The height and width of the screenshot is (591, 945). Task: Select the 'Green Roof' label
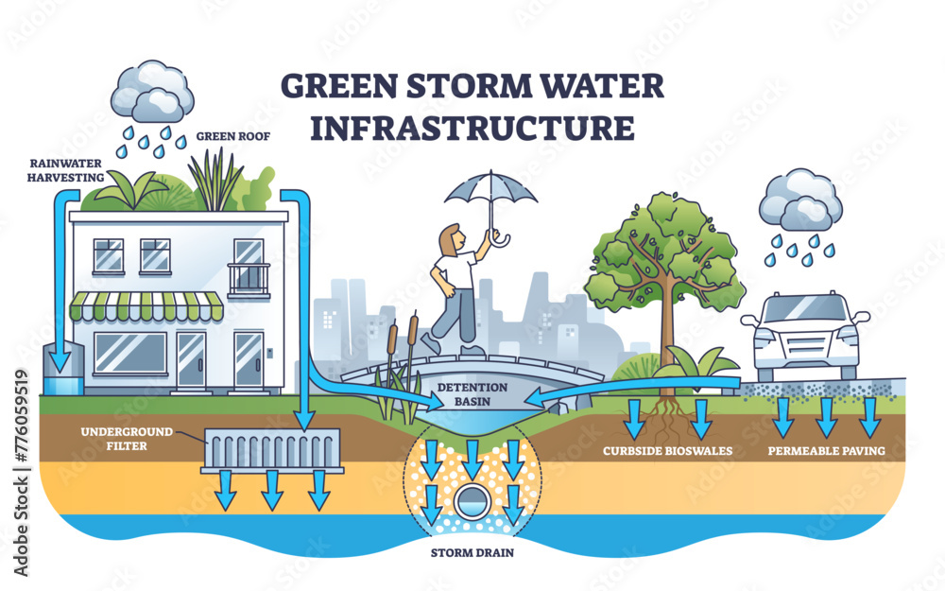(x=233, y=136)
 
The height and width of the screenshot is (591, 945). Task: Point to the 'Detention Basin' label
(x=472, y=395)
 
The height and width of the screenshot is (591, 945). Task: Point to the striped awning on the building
(x=147, y=305)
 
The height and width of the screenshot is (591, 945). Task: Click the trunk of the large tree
(x=668, y=340)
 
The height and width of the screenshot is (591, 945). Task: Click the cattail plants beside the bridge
(x=398, y=369)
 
